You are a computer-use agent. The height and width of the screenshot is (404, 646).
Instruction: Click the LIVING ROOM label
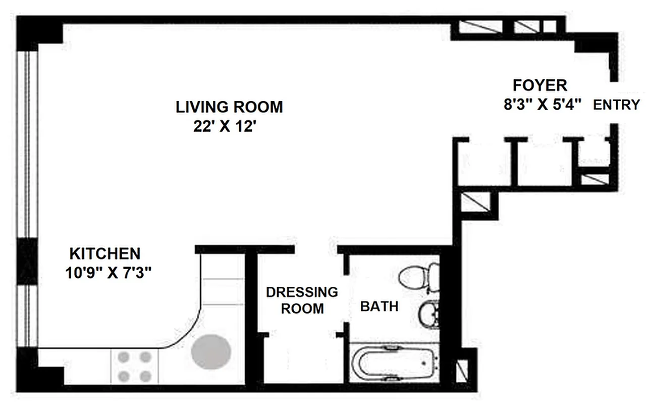[x=229, y=107]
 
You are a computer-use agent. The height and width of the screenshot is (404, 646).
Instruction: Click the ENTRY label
[x=616, y=105]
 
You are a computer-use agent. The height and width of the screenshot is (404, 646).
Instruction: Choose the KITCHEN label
[x=104, y=253]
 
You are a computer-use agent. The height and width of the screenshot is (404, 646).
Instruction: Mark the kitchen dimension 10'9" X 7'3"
[x=109, y=273]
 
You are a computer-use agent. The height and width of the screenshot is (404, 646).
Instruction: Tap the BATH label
[x=379, y=306]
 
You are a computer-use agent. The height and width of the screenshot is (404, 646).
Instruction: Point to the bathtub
[x=394, y=362]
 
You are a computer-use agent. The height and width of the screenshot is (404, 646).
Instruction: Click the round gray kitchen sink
[x=211, y=351]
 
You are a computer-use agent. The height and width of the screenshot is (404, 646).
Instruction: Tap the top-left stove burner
[x=124, y=358]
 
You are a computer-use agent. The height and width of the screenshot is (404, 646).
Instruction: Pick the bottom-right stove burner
[x=145, y=376]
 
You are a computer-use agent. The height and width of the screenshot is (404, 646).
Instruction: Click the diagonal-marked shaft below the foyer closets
[x=475, y=202]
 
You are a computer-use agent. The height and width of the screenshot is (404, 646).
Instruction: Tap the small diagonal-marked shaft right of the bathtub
[x=462, y=371]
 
